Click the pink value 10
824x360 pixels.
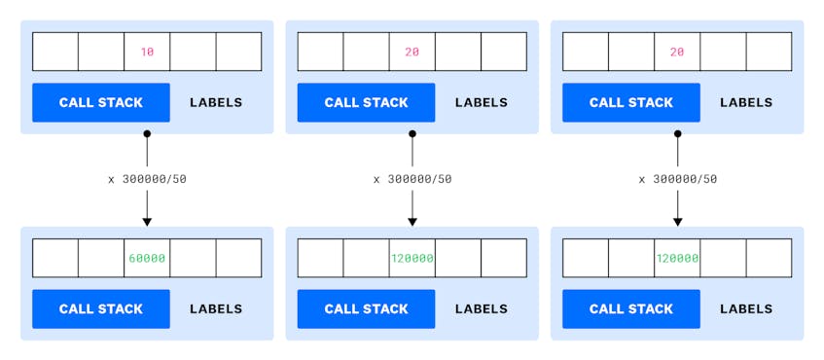147,52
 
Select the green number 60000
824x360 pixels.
147,259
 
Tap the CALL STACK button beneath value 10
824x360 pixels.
101,102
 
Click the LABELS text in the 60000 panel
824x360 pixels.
216,309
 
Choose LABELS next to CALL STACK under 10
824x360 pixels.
216,102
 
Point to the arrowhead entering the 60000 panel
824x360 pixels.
147,221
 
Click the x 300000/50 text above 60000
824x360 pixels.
147,179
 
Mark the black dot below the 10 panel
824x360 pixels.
147,133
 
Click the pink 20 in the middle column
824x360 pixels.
412,52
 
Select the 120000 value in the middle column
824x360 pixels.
412,259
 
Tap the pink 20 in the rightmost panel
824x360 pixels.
677,52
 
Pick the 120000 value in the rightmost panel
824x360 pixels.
677,259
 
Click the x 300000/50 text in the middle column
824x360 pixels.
412,179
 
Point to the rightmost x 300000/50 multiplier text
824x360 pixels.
677,179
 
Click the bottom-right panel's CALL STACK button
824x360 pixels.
631,309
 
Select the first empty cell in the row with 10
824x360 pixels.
55,52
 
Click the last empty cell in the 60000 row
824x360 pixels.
238,259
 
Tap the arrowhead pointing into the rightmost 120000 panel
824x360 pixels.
677,221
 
